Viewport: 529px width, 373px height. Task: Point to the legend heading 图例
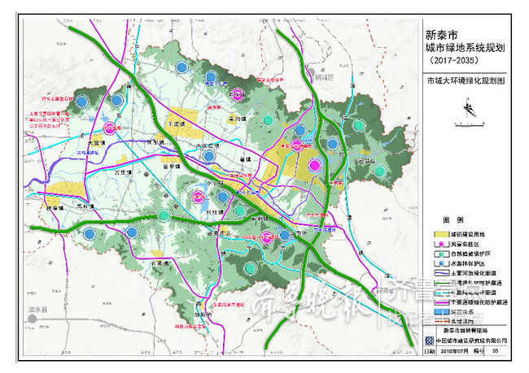click(x=452, y=220)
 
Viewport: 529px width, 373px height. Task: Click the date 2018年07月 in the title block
click(x=456, y=353)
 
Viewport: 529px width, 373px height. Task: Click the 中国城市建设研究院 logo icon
click(x=430, y=341)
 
